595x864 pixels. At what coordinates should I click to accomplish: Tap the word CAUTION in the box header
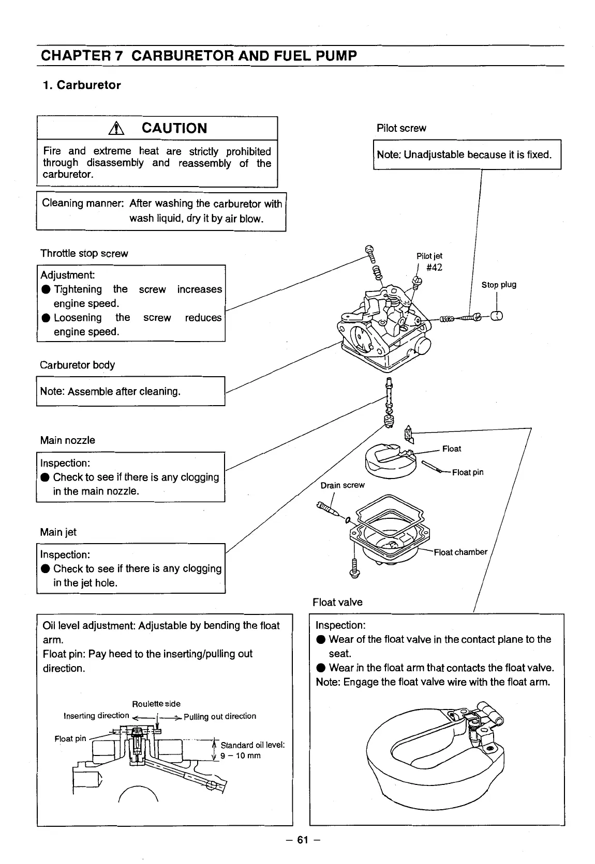[174, 128]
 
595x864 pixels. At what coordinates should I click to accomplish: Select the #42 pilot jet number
[434, 267]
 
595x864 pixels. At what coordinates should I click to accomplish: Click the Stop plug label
[498, 285]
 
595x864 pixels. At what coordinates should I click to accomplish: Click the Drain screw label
[342, 485]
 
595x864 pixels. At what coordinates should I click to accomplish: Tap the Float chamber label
[460, 552]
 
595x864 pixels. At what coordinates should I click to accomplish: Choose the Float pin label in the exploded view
[467, 472]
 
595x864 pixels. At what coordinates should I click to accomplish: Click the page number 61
[302, 840]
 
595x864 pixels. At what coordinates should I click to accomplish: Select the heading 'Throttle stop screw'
[84, 253]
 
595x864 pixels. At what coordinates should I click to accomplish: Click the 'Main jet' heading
[58, 532]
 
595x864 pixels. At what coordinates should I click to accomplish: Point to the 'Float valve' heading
[337, 602]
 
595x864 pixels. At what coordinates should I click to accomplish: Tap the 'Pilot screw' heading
[401, 128]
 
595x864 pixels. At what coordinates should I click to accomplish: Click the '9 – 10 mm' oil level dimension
[241, 755]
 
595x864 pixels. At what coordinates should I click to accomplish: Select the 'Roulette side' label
[156, 704]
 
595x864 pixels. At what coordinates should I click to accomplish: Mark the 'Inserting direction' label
[96, 716]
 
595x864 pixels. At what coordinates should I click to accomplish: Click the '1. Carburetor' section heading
[82, 85]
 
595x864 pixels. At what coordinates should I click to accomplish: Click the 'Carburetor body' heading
[77, 365]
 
